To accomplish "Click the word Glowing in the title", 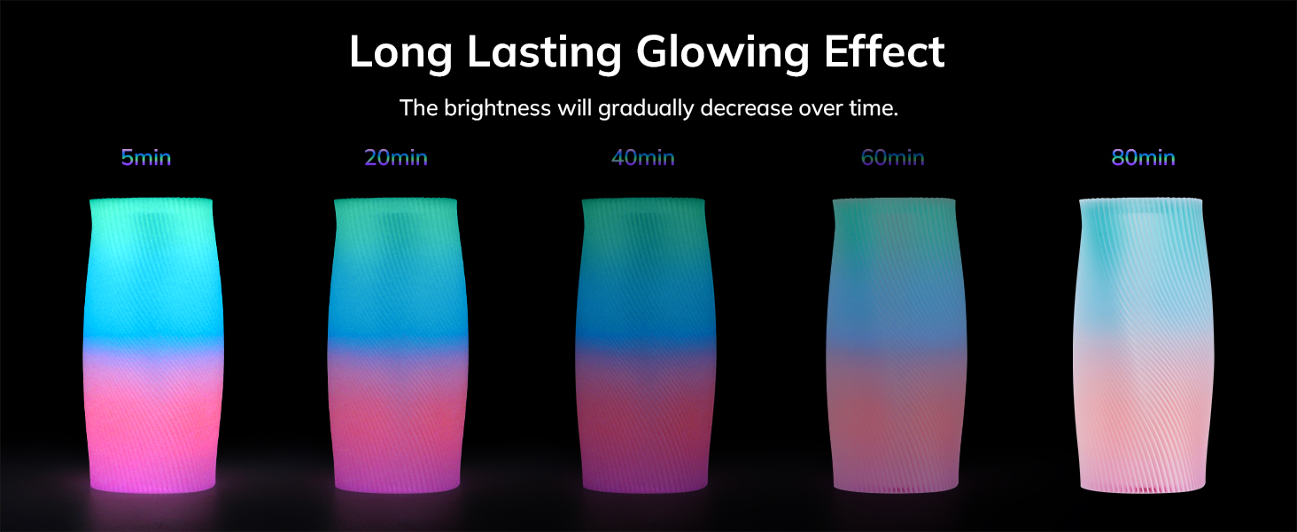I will [x=723, y=52].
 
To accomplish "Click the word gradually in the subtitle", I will [x=646, y=109].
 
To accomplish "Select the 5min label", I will [x=146, y=159].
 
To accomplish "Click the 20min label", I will [x=396, y=159].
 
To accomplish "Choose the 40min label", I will [x=643, y=159].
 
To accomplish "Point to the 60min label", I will [x=893, y=159].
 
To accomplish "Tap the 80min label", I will [x=1144, y=159].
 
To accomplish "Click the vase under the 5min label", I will [x=152, y=346].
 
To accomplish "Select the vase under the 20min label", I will [x=398, y=346].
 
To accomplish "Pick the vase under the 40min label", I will [x=645, y=346].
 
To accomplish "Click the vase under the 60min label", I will [x=895, y=346].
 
